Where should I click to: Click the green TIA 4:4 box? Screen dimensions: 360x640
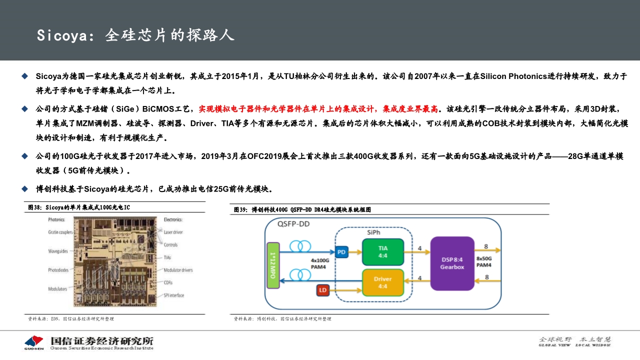[383, 251]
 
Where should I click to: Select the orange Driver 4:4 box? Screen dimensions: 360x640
[383, 282]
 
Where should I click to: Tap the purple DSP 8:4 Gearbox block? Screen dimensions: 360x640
[452, 263]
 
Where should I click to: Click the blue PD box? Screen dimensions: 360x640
[342, 251]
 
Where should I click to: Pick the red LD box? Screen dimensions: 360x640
[323, 289]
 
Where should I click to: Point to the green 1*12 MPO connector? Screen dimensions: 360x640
[273, 265]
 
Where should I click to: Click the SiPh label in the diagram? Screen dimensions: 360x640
[373, 232]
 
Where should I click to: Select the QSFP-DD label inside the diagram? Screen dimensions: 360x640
[293, 224]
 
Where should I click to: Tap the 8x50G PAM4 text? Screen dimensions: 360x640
[483, 261]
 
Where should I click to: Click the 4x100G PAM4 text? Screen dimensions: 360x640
[320, 264]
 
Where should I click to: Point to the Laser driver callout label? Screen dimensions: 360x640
[173, 232]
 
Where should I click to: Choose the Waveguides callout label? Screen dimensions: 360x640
[58, 251]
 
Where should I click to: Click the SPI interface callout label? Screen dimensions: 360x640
[174, 295]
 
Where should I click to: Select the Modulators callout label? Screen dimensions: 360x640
[57, 289]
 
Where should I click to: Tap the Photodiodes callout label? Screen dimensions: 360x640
[58, 270]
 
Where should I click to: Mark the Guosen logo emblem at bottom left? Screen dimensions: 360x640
[34, 341]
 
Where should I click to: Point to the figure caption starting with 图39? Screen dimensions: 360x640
[302, 209]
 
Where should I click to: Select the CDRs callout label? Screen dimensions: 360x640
[169, 282]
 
